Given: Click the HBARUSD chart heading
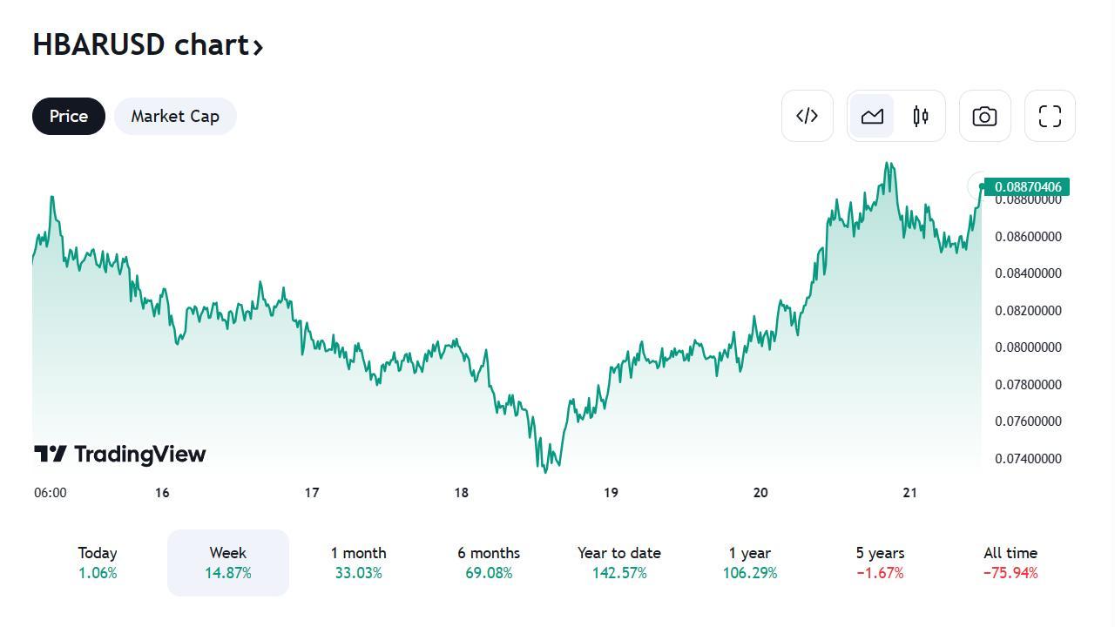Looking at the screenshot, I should tap(147, 44).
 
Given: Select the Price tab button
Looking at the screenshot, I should tap(69, 117).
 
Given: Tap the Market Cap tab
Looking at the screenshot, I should tap(175, 117).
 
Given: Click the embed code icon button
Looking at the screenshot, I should tap(808, 116).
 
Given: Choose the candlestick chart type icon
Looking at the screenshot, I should tap(921, 116).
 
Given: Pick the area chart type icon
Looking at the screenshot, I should tap(872, 116).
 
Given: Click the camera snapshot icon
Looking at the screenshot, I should tap(984, 116).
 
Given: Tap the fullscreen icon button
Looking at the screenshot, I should tap(1050, 116).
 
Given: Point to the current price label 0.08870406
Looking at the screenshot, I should tap(1027, 187).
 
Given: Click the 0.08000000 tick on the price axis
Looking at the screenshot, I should tap(1028, 347).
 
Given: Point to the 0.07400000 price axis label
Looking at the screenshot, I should tap(1028, 459).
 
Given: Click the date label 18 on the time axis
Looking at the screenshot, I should tap(461, 493).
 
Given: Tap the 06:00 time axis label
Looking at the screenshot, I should tap(51, 493).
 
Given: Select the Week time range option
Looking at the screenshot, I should tap(228, 563).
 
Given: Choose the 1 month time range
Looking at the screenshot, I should tap(358, 563).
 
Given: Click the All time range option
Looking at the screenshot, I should tap(1010, 563).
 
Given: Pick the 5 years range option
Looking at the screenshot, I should tap(880, 563).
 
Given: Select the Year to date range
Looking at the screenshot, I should tap(618, 563).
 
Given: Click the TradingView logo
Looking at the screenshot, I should tap(120, 454).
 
